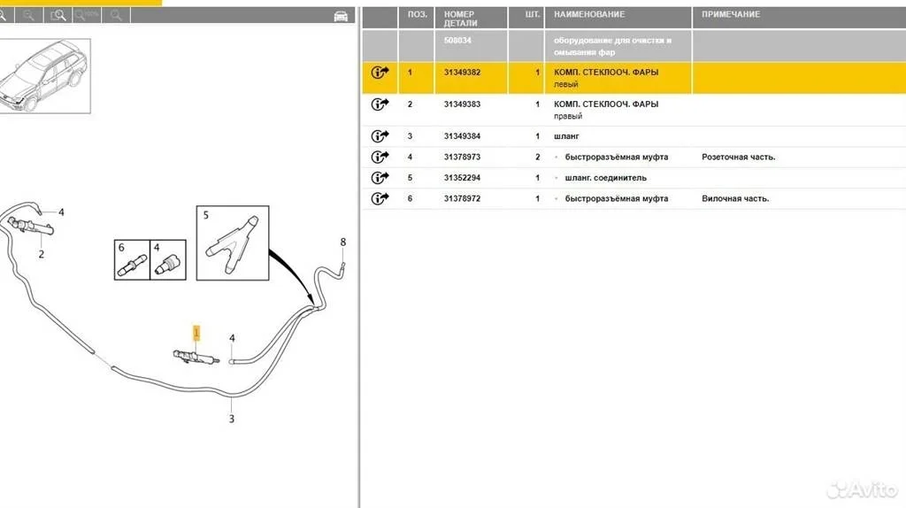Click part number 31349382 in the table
(x=462, y=73)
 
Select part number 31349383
(x=462, y=104)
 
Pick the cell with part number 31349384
(x=462, y=136)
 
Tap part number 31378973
(x=462, y=158)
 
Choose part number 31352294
(x=462, y=178)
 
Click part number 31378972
(x=462, y=199)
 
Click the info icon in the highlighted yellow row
(x=380, y=73)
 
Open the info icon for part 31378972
(x=380, y=199)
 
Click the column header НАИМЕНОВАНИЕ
(x=589, y=14)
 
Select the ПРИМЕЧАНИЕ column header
(x=731, y=14)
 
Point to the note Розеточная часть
(x=739, y=158)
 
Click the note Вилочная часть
(x=735, y=199)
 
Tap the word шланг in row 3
(x=566, y=136)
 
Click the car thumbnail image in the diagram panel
(x=44, y=76)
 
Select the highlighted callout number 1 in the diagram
(x=196, y=333)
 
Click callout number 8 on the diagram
(x=343, y=242)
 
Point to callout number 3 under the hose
(x=231, y=419)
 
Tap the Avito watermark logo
(x=862, y=489)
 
